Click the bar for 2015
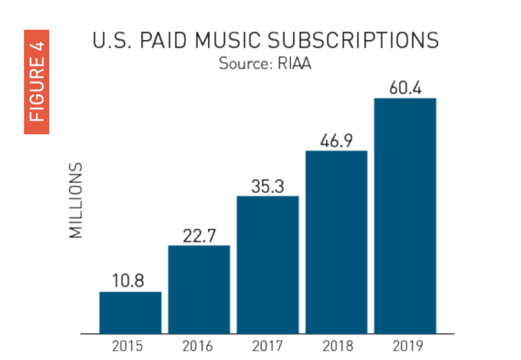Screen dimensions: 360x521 click(130, 312)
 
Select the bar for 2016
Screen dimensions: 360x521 click(199, 289)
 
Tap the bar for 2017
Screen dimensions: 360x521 click(268, 265)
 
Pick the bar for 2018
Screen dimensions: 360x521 click(336, 242)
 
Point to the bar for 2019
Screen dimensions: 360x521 click(405, 216)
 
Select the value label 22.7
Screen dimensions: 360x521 click(199, 236)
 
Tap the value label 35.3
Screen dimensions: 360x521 click(268, 186)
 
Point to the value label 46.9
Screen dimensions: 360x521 click(336, 140)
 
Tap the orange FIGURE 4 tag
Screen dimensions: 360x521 click(37, 81)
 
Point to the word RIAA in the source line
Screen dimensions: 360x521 click(292, 64)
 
